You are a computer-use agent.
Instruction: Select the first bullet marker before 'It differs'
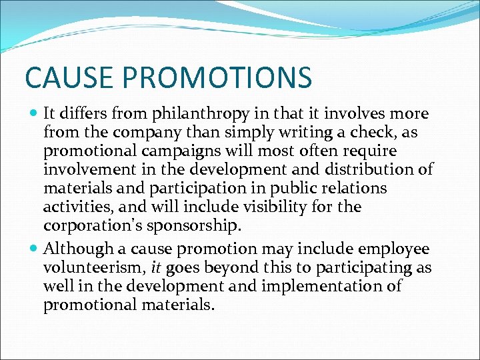[34, 114]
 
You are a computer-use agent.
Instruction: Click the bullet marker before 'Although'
[34, 249]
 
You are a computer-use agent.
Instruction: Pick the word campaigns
[171, 151]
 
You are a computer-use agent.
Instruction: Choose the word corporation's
[93, 226]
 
